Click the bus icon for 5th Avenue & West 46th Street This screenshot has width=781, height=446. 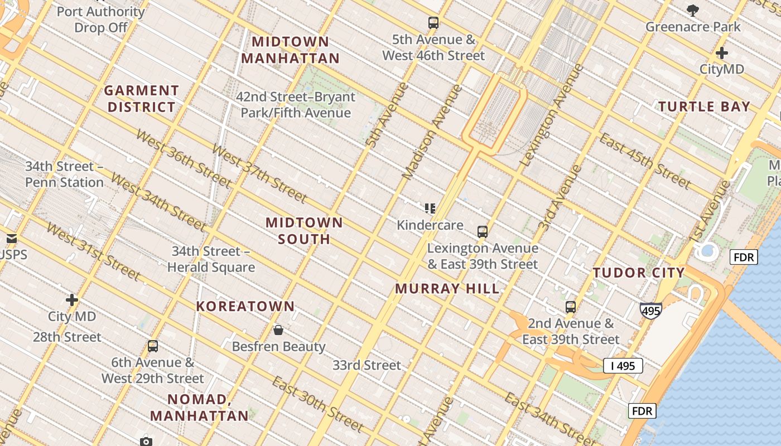433,23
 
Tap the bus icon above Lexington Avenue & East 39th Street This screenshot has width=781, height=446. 483,232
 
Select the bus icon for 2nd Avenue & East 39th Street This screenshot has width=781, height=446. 570,307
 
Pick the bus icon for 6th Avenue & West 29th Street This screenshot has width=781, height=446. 153,346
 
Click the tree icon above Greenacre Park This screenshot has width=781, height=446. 693,10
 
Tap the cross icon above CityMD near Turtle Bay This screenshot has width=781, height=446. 722,54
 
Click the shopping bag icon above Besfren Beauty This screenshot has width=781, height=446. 278,330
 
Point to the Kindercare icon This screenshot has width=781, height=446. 430,209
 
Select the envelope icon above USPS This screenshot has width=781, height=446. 12,239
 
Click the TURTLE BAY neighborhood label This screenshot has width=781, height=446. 704,106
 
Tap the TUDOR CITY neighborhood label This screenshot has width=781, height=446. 639,273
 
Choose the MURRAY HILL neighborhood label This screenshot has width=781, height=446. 447,289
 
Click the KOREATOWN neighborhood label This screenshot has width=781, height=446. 245,306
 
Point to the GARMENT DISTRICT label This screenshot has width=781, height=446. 142,99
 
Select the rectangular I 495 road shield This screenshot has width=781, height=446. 623,366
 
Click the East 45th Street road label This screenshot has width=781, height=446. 645,161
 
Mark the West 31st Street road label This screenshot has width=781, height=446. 93,251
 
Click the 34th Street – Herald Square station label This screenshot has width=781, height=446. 211,259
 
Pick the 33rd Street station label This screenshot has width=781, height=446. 367,365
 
